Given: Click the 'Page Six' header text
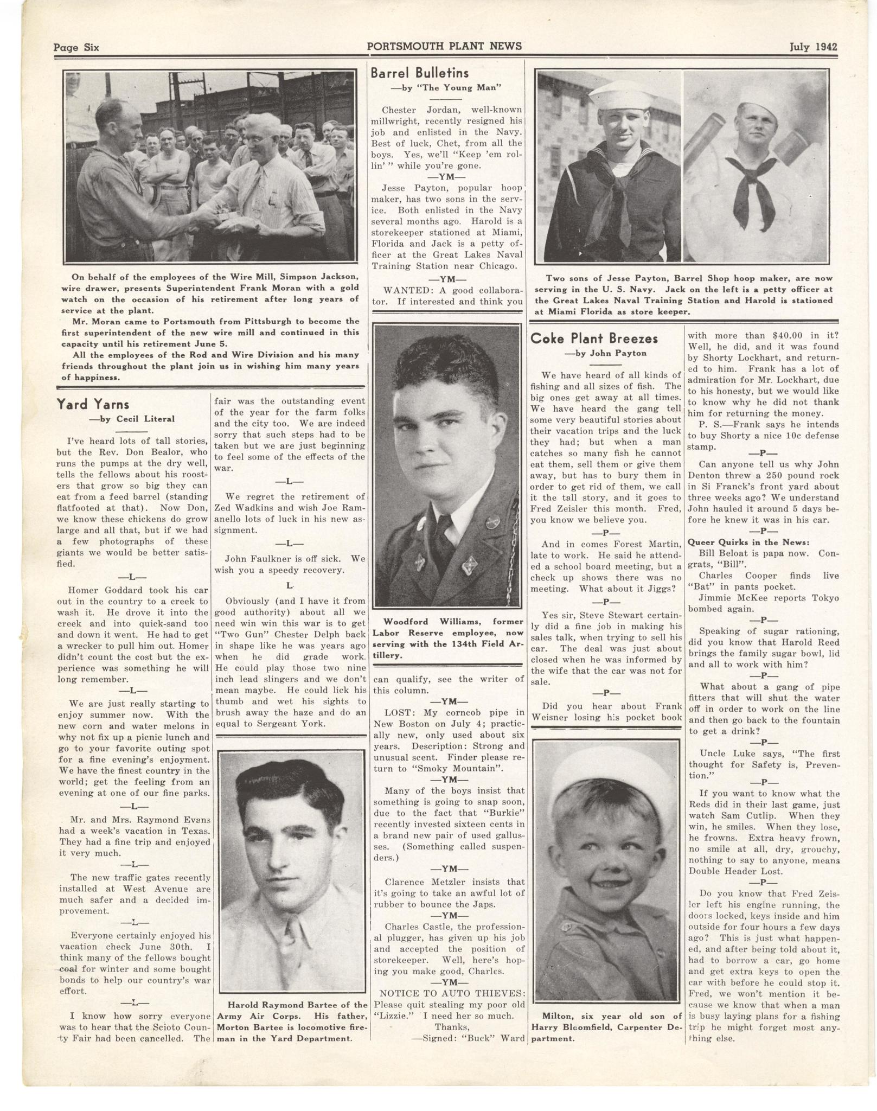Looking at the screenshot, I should tap(76, 47).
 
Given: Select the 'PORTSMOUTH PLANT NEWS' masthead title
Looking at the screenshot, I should tap(444, 46).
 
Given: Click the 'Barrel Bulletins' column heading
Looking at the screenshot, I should tap(419, 73).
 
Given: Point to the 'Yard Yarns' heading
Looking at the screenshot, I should tap(93, 404).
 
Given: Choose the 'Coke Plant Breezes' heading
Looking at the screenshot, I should tap(594, 339).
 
